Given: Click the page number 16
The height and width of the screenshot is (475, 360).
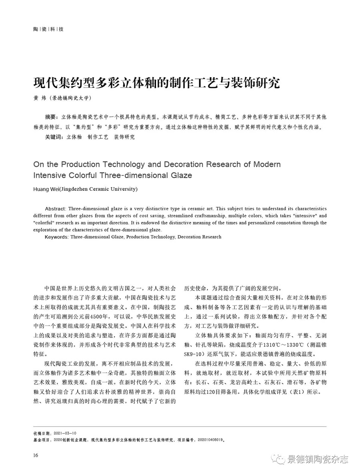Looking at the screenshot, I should click(x=36, y=455).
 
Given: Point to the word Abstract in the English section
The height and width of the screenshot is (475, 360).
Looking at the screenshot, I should click(x=56, y=209).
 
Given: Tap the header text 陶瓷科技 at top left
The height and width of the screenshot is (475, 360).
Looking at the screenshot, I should click(x=48, y=29).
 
